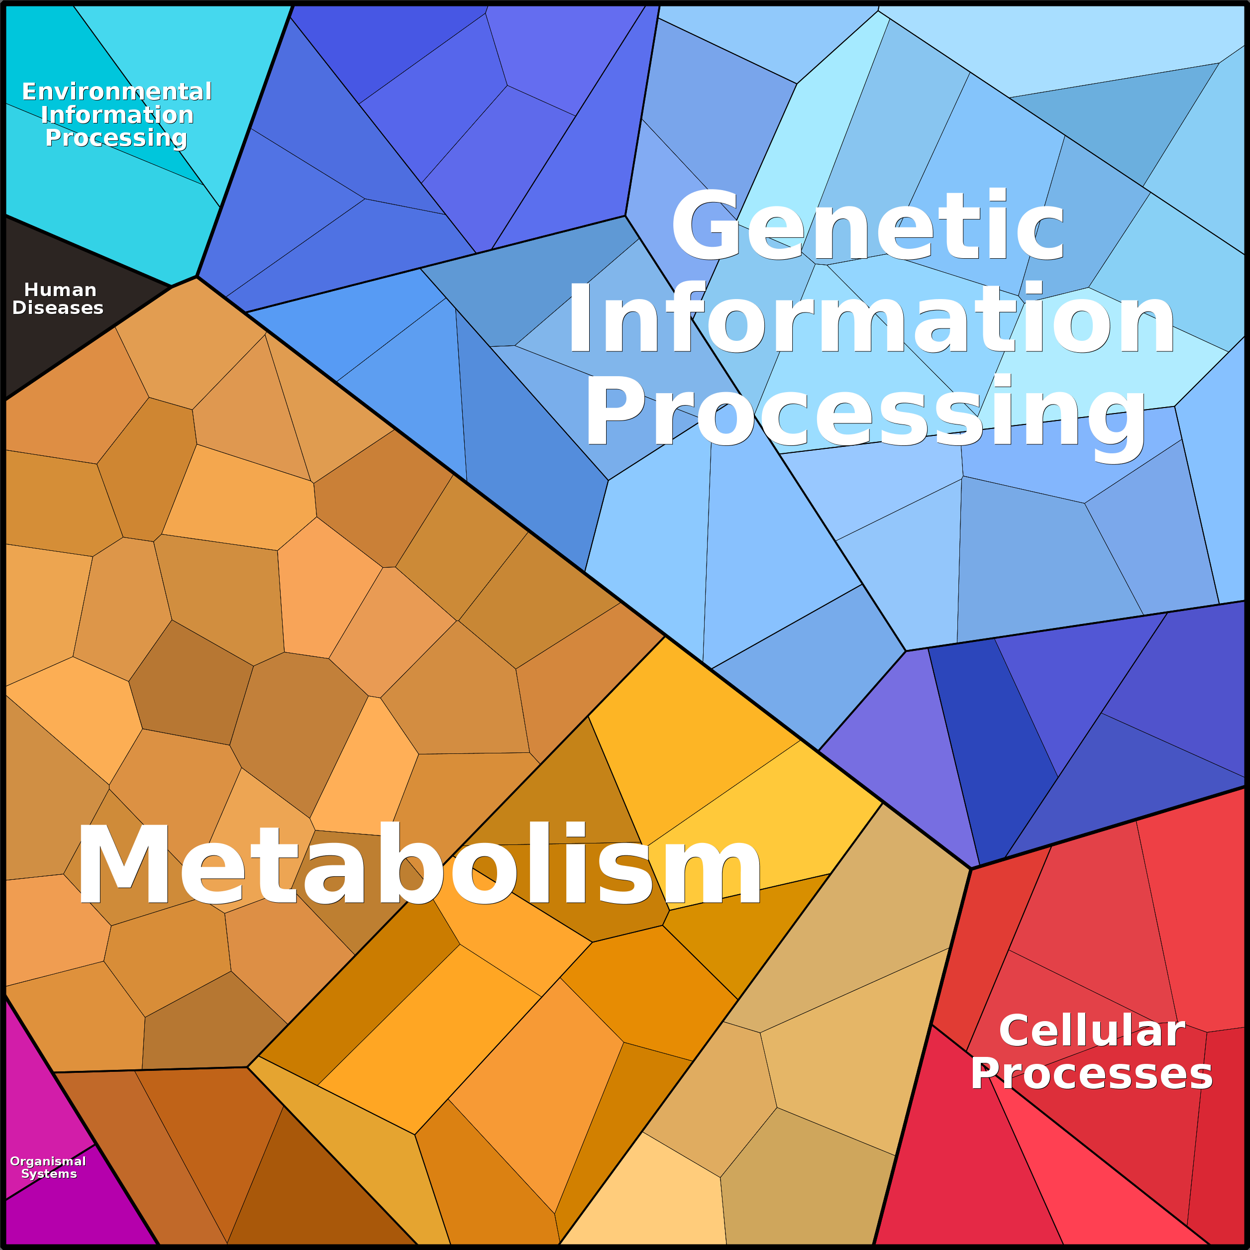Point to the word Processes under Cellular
(1091, 1074)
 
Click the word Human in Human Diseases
(60, 290)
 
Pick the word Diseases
(58, 308)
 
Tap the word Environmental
(116, 92)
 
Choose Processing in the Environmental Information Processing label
(116, 138)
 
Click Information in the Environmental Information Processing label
(116, 115)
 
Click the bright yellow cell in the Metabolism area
(763, 822)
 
